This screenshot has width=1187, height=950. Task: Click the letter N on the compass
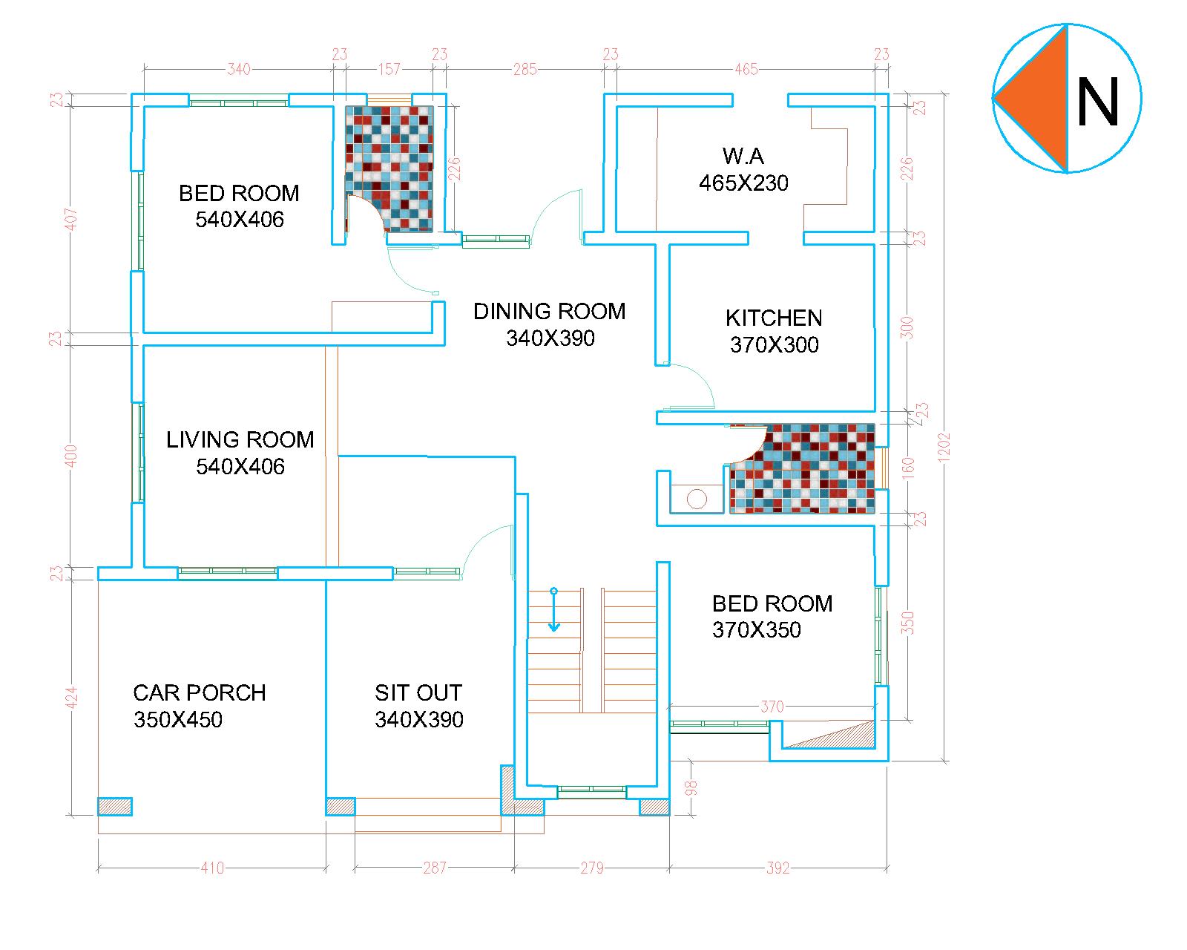(x=1097, y=102)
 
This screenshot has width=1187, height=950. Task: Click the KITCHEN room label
(x=773, y=318)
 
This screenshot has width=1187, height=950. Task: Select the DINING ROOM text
(x=550, y=311)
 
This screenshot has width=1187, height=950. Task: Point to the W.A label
(x=743, y=156)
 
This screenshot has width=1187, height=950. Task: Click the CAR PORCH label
(x=200, y=692)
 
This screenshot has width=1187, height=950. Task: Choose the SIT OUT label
(x=418, y=692)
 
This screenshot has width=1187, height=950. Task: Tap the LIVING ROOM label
(x=240, y=440)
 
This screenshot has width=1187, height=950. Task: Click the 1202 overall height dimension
(x=944, y=448)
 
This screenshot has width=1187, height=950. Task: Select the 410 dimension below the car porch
(x=212, y=868)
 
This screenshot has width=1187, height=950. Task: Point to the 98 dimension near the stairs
(x=691, y=787)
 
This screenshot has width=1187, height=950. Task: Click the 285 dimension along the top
(x=525, y=70)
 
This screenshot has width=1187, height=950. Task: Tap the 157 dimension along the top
(x=389, y=70)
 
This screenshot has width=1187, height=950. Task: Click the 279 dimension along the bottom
(x=592, y=868)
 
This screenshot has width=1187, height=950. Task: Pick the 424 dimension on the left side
(x=72, y=698)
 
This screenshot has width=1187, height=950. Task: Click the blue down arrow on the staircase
(x=553, y=609)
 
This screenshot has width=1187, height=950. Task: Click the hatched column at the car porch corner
(x=115, y=807)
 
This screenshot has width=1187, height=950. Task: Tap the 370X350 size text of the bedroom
(x=756, y=630)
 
